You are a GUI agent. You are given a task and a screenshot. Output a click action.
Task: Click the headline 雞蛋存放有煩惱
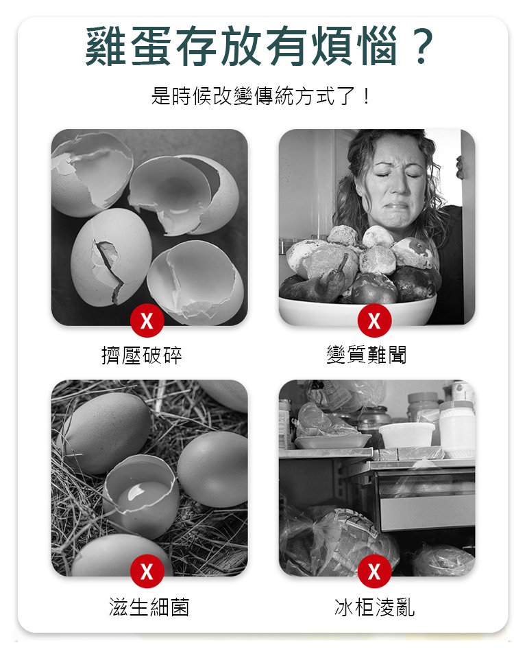[x=241, y=46]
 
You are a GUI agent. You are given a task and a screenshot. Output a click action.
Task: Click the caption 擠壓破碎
[x=142, y=355]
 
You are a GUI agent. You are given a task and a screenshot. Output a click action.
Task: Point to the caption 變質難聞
[x=366, y=355]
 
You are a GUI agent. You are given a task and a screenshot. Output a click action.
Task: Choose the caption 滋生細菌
[x=149, y=607]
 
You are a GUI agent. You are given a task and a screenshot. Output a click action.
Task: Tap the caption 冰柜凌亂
[x=374, y=607]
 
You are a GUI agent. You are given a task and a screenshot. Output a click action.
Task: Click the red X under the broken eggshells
[x=147, y=321]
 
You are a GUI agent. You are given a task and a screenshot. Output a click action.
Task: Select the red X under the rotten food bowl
[x=374, y=320]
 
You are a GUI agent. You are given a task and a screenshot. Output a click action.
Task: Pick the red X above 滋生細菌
[x=147, y=572]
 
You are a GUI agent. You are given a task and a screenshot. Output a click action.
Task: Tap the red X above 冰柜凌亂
[x=374, y=572]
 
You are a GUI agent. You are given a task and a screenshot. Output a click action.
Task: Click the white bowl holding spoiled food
[x=357, y=310]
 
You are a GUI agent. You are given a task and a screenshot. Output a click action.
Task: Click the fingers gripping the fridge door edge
[x=459, y=167]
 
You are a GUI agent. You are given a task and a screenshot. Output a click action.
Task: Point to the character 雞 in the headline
[x=106, y=46]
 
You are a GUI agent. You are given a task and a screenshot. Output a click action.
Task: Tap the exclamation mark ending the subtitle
[x=366, y=96]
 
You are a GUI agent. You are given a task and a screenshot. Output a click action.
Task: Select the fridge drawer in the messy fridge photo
[x=425, y=497]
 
